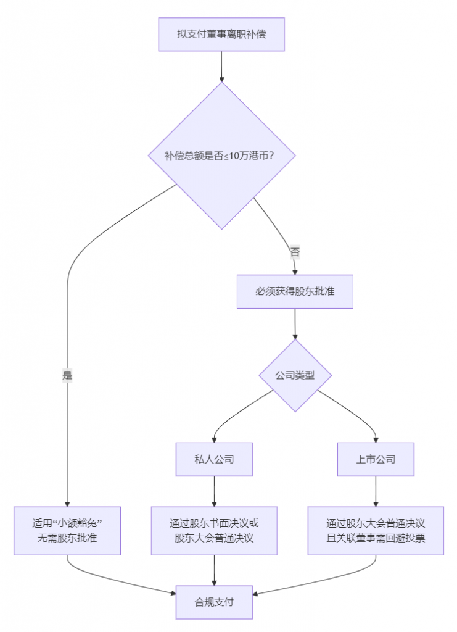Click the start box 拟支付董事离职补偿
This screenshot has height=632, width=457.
coord(221,34)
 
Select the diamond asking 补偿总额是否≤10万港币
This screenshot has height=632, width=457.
coord(221,156)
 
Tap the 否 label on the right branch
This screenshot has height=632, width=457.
coord(295,252)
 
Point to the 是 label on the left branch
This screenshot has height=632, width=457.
coord(67,375)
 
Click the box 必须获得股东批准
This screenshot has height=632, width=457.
coord(295,291)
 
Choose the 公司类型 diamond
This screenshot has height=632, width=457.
coord(295,375)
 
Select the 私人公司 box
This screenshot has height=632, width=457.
coord(214,459)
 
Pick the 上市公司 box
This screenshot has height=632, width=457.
coord(376,459)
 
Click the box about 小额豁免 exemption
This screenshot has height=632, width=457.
coord(67,530)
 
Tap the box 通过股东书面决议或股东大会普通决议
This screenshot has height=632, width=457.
coord(214,530)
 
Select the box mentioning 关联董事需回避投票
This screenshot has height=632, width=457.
coord(376,530)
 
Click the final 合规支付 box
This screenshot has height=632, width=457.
coord(214,602)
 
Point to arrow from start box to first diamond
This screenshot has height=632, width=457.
coord(221,67)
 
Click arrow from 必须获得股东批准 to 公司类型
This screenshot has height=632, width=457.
coord(295,323)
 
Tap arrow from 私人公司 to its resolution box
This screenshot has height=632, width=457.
coord(214,491)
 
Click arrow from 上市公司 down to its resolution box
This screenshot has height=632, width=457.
coord(376,491)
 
